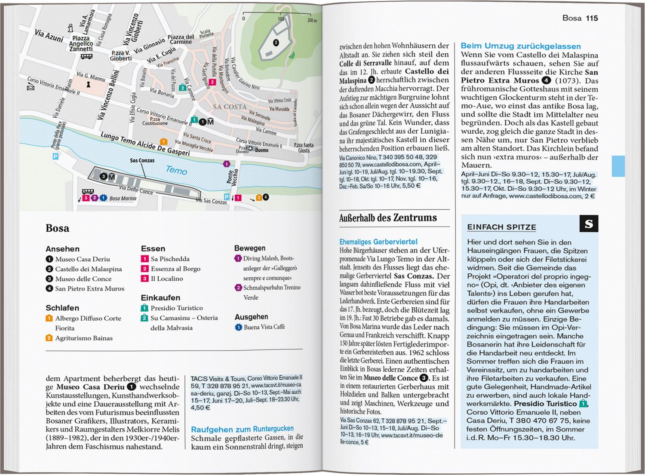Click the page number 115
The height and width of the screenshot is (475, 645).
(592, 18)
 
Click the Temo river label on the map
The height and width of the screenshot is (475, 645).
(176, 170)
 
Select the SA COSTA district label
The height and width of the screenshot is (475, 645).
(230, 107)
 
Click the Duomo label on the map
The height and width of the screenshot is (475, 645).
(261, 150)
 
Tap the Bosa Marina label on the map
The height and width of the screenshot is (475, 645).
(123, 199)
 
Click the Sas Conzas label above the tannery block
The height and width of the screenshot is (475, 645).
(142, 160)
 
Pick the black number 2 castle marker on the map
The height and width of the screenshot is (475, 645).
(276, 42)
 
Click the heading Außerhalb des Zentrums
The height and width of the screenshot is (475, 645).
(388, 218)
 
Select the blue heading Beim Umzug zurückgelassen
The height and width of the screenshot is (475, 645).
(520, 46)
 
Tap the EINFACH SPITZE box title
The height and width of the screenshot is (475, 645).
(501, 227)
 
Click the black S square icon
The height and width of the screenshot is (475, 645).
(589, 224)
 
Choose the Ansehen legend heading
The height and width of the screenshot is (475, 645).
(62, 249)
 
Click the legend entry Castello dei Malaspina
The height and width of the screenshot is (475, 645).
(88, 269)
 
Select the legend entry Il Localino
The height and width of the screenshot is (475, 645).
(166, 279)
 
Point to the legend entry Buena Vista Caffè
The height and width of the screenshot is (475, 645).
(264, 327)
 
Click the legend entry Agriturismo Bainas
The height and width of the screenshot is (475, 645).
(83, 338)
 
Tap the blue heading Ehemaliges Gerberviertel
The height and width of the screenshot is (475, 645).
(378, 242)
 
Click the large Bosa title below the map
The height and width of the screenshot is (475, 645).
(57, 228)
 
